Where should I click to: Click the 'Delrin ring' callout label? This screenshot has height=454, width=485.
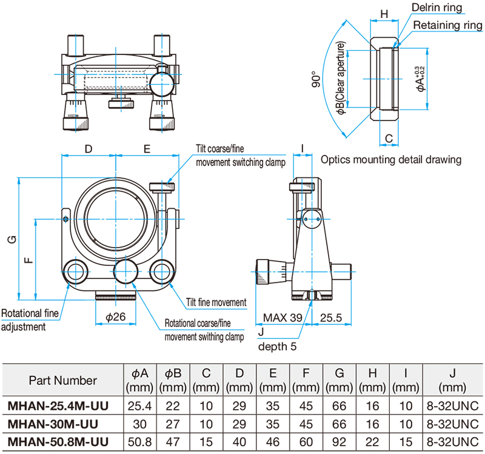pos(436,8)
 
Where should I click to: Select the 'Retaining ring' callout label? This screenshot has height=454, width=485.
pos(448,25)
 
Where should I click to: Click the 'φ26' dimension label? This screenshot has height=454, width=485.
pos(115,317)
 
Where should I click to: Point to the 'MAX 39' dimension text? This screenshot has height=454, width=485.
pos(283,317)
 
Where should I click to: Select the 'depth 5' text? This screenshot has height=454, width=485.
pos(277,346)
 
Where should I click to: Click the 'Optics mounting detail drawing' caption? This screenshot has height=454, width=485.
pos(391,160)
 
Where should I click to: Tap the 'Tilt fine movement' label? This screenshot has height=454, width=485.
pos(216,302)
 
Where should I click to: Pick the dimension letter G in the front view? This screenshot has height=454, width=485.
pos(11,240)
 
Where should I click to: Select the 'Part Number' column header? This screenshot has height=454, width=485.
pos(63,380)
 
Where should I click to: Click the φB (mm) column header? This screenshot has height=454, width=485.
pos(173,380)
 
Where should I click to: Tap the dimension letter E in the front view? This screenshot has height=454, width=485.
pos(147,148)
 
